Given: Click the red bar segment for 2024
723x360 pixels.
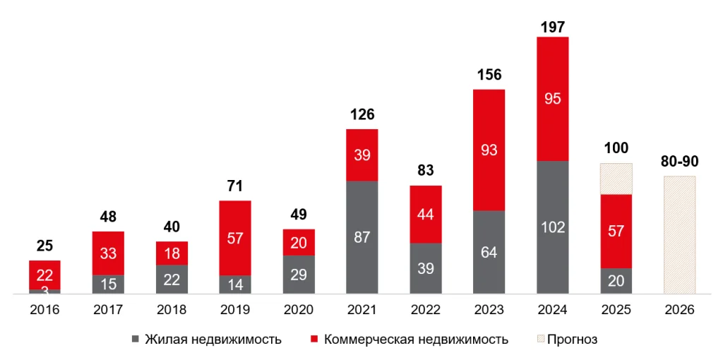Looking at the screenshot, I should click(553, 99).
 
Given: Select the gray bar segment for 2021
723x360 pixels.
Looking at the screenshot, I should click(362, 237).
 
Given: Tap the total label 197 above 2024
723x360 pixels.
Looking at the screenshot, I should click(553, 28).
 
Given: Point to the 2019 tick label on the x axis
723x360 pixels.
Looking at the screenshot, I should click(235, 310).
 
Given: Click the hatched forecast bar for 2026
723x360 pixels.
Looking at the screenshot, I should click(680, 234).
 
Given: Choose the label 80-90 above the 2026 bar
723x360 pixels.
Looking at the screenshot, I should click(680, 162).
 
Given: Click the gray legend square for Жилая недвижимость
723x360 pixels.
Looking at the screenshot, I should click(136, 340).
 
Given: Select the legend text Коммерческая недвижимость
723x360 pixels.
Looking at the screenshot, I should click(416, 340).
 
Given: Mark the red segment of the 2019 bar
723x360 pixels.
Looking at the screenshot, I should click(235, 238).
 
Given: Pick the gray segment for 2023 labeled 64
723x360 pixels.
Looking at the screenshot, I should click(489, 252).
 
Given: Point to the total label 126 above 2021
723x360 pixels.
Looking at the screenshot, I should click(362, 114).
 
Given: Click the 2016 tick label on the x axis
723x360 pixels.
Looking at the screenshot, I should click(44, 310).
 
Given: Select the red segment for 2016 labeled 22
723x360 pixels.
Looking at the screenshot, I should click(44, 275).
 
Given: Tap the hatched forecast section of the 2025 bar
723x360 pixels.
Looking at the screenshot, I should click(616, 179).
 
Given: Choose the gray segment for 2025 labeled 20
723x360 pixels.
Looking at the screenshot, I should click(616, 281).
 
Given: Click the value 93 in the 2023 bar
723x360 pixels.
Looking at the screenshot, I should click(489, 150).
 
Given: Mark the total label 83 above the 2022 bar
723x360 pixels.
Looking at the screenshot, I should click(426, 171).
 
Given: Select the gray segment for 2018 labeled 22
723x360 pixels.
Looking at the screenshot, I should click(172, 280).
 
